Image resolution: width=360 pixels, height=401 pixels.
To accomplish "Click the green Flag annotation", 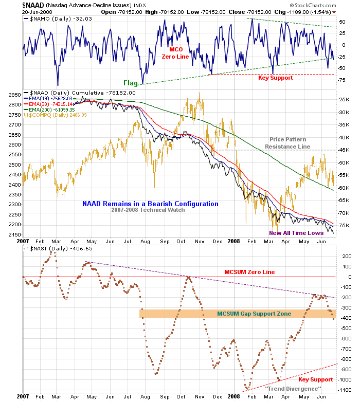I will pos(130,82).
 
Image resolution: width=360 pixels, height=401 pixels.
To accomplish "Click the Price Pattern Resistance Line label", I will pos(287,143).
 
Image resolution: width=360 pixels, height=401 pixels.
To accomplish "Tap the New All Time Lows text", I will pos(296,232).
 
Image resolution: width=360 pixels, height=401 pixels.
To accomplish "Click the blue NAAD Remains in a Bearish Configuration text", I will pos(150,204).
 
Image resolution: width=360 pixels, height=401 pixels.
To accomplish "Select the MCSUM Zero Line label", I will pos(249,271).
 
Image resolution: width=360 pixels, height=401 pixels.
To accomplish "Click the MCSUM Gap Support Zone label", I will pos(254,314).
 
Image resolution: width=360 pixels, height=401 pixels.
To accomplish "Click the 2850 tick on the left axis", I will pos(13,95).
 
